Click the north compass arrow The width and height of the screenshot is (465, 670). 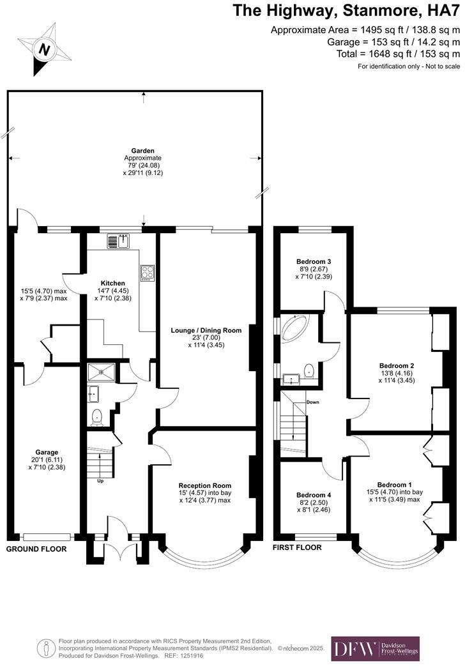[43, 49]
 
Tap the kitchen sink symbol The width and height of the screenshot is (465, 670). [118, 241]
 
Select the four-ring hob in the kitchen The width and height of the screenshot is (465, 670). [148, 273]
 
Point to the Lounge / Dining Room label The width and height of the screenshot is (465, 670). [206, 330]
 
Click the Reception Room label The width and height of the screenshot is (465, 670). [204, 485]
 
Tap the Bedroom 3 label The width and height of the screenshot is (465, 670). [314, 261]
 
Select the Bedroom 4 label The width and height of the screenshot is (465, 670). [314, 495]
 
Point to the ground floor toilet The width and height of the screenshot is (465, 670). [97, 417]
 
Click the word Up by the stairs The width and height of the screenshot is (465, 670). [100, 481]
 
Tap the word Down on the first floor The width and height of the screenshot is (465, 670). [312, 402]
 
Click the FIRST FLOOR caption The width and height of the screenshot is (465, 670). [297, 547]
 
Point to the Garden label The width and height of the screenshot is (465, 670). [133, 151]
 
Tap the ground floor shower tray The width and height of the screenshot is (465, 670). [100, 371]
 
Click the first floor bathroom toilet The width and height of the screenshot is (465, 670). [309, 370]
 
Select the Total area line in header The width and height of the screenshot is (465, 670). [397, 54]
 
